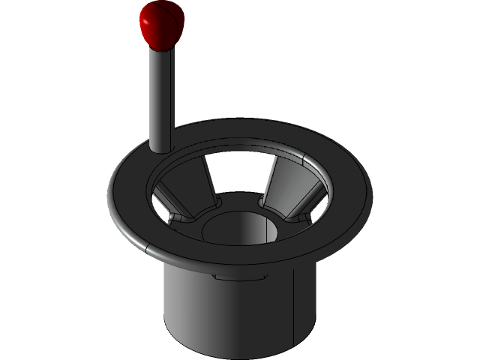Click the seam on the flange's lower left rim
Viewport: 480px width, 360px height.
coord(148,247)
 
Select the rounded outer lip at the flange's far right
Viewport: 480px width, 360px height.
coord(370,191)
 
